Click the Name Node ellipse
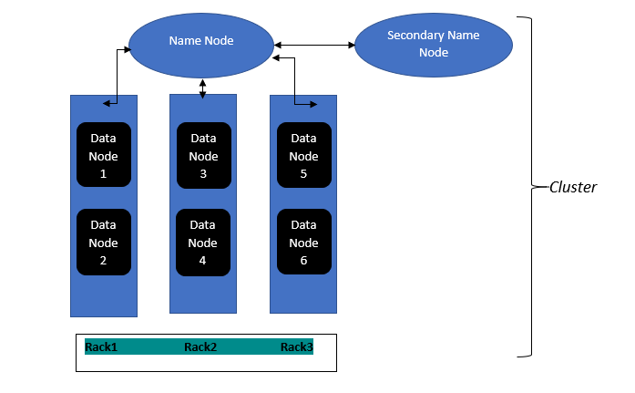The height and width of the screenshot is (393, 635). click(x=201, y=42)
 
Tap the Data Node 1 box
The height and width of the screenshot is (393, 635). click(x=104, y=155)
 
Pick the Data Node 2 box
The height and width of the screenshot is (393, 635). click(x=104, y=242)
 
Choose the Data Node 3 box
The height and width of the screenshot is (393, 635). click(x=203, y=155)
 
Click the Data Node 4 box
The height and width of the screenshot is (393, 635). click(x=203, y=242)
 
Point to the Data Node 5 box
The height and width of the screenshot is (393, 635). click(x=303, y=155)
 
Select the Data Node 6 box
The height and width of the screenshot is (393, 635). click(x=303, y=242)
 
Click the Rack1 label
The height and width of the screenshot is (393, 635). click(x=101, y=347)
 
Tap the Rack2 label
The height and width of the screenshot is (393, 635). click(x=200, y=347)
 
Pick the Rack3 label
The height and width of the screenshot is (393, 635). click(x=297, y=347)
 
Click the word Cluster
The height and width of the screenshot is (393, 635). click(x=573, y=188)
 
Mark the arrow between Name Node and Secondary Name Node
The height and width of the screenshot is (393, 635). click(x=314, y=45)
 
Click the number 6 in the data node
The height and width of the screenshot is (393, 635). click(x=303, y=261)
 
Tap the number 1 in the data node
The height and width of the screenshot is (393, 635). click(x=104, y=173)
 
